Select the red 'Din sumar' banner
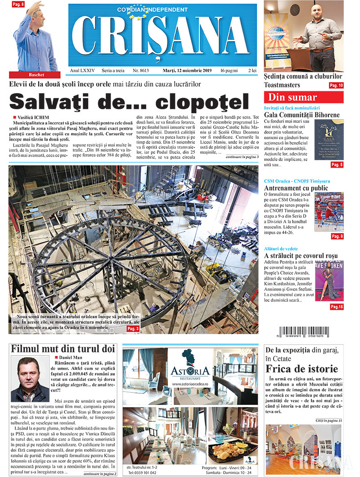(x=303, y=97)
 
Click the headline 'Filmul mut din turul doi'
(x=63, y=349)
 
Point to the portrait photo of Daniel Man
(x=30, y=379)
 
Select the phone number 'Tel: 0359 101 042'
(x=143, y=473)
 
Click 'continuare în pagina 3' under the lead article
(x=242, y=157)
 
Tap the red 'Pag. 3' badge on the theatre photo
(x=133, y=329)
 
